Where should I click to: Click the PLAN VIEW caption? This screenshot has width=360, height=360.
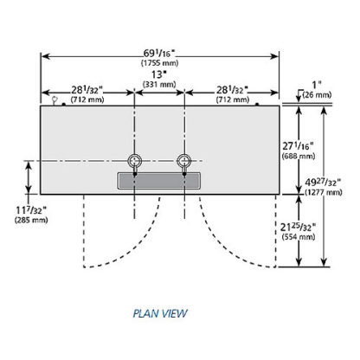[160, 313]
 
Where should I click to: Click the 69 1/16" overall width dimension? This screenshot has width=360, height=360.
[159, 54]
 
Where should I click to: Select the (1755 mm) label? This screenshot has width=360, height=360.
[159, 62]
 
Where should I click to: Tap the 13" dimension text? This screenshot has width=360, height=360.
[159, 74]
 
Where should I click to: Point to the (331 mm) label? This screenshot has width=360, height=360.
[159, 85]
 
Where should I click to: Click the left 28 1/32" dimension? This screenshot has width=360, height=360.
[87, 90]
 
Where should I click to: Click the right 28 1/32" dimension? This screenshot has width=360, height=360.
[233, 90]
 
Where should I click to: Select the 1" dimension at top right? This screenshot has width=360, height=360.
[317, 85]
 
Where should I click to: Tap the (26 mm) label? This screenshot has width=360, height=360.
[317, 94]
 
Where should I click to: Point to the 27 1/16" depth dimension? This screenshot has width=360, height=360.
[298, 146]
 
